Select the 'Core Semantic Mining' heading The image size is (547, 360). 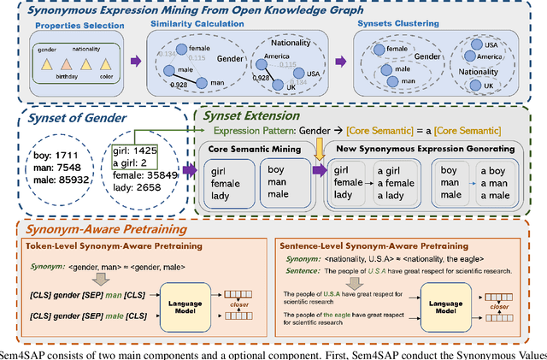pos(255,149)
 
